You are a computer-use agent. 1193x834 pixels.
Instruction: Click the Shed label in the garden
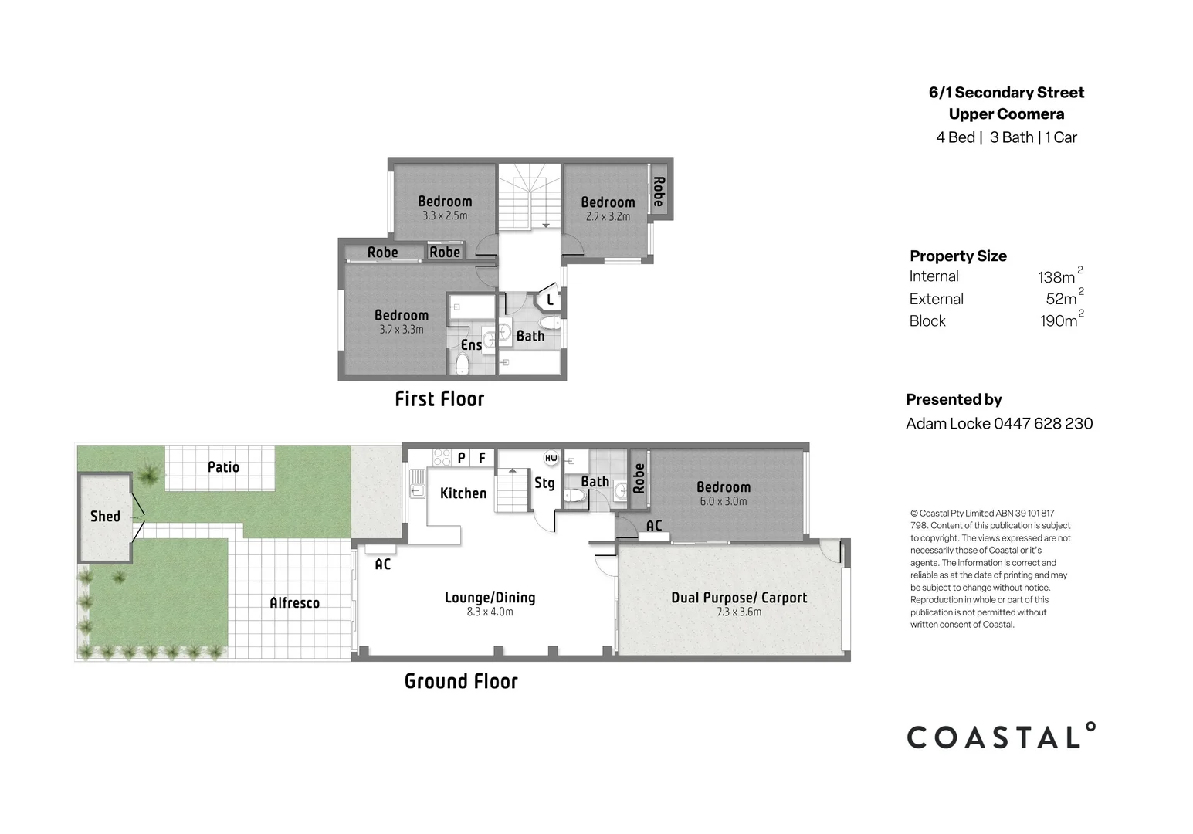(105, 517)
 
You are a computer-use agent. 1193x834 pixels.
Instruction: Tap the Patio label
(223, 467)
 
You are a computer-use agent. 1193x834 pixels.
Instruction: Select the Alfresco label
(294, 603)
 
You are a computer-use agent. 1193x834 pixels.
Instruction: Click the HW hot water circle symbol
(551, 458)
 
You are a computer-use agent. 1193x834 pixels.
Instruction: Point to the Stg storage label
(544, 483)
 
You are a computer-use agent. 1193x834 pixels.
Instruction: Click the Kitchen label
(463, 493)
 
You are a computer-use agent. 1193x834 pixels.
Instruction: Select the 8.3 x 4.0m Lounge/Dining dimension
(490, 612)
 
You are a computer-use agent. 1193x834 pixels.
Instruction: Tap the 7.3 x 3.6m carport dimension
(739, 612)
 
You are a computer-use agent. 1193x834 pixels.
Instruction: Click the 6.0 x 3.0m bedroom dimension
(724, 501)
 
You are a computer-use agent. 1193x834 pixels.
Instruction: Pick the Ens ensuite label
(471, 345)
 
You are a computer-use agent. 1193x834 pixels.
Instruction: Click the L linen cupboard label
(550, 300)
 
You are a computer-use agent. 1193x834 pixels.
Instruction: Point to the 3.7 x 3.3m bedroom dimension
(402, 330)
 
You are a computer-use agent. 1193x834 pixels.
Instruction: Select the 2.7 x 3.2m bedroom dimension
(608, 217)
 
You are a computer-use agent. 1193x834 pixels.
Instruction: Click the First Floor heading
(439, 399)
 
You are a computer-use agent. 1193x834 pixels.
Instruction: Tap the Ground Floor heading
(461, 681)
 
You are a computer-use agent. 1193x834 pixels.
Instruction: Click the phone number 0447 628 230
(1043, 424)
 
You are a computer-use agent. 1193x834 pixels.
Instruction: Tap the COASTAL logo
(1001, 737)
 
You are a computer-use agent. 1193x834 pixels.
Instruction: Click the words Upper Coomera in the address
(1006, 114)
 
